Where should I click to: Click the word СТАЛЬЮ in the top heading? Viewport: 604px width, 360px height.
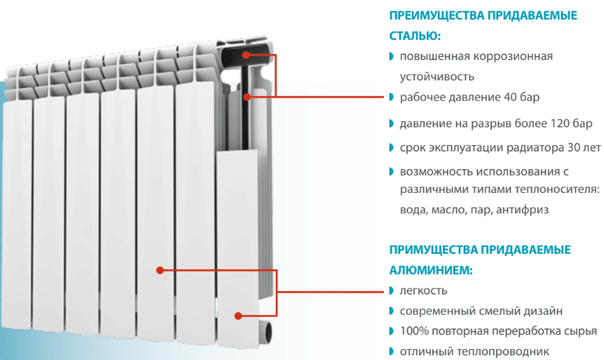(414, 36)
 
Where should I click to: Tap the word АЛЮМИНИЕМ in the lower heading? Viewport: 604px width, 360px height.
(431, 270)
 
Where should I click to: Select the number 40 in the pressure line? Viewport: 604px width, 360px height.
(510, 97)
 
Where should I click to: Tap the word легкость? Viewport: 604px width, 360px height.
(423, 290)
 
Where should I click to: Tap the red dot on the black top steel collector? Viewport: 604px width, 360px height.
(246, 55)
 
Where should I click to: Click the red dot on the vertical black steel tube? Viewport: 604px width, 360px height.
(247, 97)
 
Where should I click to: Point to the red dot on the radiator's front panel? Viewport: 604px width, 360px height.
(160, 270)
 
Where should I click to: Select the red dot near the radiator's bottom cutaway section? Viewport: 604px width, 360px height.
(239, 316)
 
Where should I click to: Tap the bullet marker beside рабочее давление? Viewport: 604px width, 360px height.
(392, 97)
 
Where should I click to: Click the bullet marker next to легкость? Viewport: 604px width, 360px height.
(392, 290)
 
